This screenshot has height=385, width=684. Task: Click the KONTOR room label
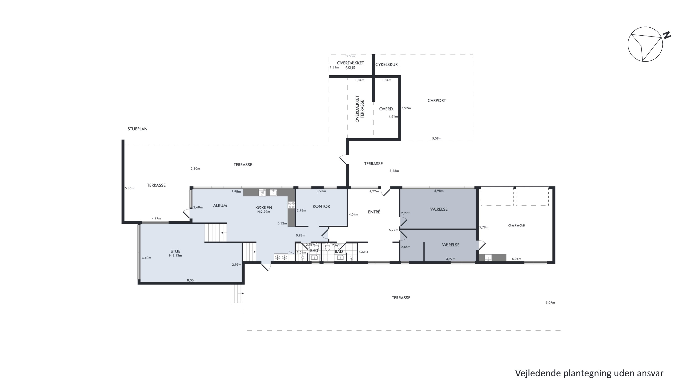(x=321, y=207)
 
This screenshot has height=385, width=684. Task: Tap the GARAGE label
(x=516, y=225)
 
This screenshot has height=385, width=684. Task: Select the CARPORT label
(x=437, y=100)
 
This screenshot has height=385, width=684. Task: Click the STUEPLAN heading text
(x=137, y=129)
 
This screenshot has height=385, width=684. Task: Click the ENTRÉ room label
(x=374, y=212)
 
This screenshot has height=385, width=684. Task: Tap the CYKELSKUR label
(x=386, y=65)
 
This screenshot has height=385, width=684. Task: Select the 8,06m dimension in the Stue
(x=192, y=280)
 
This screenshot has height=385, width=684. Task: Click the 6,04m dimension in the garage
(x=516, y=259)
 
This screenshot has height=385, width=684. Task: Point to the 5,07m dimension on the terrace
(x=550, y=303)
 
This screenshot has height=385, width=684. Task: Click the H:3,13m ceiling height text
(x=175, y=256)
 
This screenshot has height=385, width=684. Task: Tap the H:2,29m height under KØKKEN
(x=263, y=212)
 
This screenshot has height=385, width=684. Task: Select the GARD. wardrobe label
(x=364, y=252)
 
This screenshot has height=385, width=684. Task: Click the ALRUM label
(x=220, y=205)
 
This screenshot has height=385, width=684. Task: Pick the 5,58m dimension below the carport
(x=437, y=139)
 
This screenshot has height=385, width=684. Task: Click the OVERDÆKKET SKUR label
(x=350, y=65)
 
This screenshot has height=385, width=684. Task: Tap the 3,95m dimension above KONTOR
(x=321, y=191)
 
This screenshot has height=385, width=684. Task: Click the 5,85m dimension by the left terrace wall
(x=130, y=188)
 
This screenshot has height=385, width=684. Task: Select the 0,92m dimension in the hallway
(x=301, y=236)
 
